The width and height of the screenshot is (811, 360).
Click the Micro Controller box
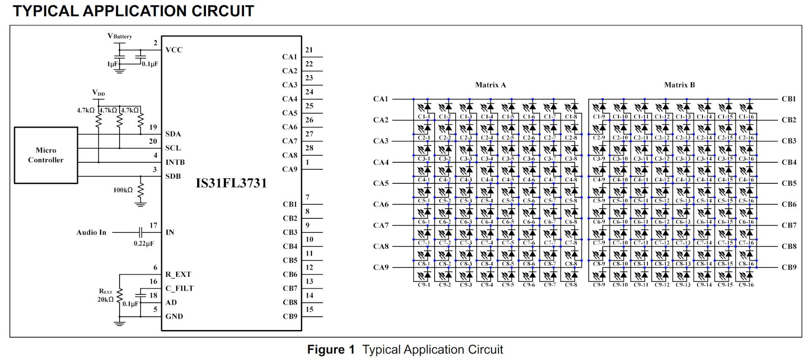pyautogui.click(x=46, y=155)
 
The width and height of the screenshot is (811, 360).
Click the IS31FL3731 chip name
pyautogui.click(x=231, y=183)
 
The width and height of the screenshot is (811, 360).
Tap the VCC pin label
pyautogui.click(x=174, y=50)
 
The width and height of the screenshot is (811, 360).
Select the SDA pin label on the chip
pyautogui.click(x=173, y=134)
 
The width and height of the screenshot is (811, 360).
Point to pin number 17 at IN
pyautogui.click(x=153, y=226)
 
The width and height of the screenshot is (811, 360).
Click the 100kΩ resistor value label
pyautogui.click(x=123, y=190)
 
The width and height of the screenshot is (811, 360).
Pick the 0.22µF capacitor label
pyautogui.click(x=144, y=243)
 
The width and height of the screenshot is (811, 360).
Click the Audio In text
pyautogui.click(x=91, y=232)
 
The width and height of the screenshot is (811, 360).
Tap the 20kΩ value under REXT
pyautogui.click(x=106, y=299)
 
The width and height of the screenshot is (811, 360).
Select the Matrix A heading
pyautogui.click(x=490, y=85)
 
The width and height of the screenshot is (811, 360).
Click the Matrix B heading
pyautogui.click(x=679, y=85)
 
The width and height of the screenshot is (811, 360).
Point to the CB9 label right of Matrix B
pyautogui.click(x=789, y=267)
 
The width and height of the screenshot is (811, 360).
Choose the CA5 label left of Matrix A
pyautogui.click(x=381, y=183)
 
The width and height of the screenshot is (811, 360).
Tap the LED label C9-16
pyautogui.click(x=746, y=285)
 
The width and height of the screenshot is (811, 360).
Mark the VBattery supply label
pyautogui.click(x=120, y=36)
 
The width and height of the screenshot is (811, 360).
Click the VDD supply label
pyautogui.click(x=98, y=93)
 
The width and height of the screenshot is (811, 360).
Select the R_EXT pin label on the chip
pyautogui.click(x=178, y=274)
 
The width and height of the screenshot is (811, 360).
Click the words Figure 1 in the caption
pyautogui.click(x=331, y=349)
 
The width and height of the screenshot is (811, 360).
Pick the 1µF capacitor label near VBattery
pyautogui.click(x=112, y=64)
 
